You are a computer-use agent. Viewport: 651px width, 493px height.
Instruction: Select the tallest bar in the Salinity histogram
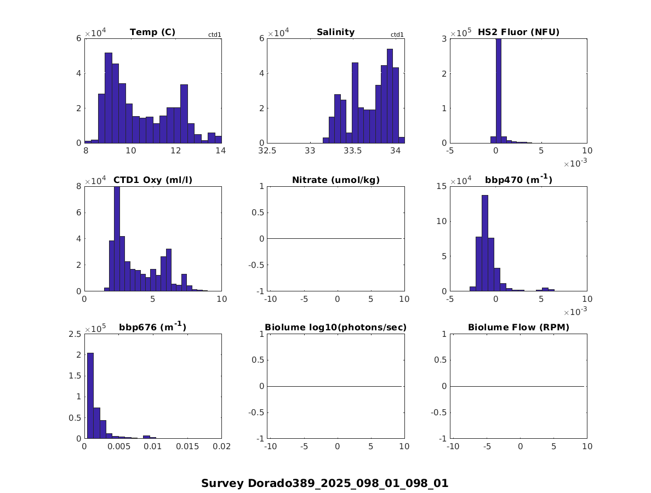390,96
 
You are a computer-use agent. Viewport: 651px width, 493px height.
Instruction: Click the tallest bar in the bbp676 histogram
90,395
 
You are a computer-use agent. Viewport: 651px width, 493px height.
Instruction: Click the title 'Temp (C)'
152,32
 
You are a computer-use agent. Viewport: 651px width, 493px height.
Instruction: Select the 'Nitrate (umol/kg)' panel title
336,180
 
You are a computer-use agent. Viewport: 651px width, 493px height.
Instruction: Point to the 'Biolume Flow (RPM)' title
518,328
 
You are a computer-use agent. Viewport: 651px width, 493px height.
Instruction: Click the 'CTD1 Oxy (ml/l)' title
153,180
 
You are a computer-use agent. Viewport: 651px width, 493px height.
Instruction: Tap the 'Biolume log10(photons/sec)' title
336,328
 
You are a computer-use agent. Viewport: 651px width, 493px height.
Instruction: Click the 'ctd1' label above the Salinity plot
397,35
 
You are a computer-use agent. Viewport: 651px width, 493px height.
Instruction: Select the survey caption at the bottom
324,483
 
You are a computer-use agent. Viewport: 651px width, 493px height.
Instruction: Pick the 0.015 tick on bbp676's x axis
187,446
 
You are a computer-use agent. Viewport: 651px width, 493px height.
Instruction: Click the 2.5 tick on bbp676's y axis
75,334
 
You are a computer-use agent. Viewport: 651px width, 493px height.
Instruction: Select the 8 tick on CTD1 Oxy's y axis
79,186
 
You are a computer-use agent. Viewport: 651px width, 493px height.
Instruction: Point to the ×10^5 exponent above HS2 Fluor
460,33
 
